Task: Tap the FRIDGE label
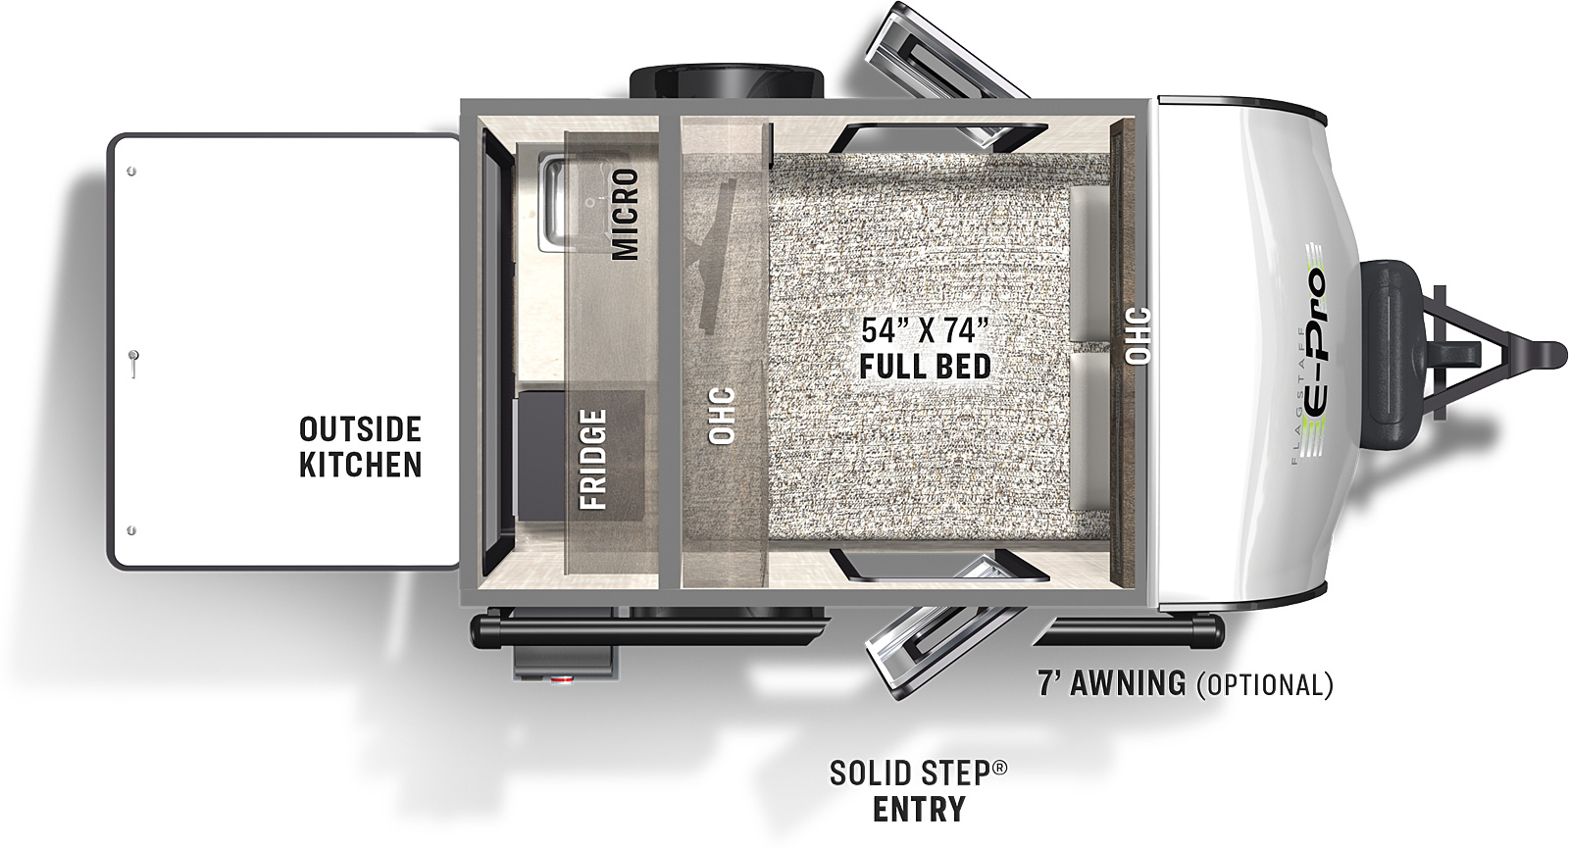(x=592, y=460)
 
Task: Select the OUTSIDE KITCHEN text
(x=360, y=447)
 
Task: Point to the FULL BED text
(x=925, y=367)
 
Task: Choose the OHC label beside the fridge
(x=722, y=416)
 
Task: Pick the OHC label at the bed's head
(x=1139, y=335)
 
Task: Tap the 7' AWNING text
(x=1112, y=682)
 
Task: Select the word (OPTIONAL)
(x=1265, y=684)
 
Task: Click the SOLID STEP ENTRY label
(x=918, y=791)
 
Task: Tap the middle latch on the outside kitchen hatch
(x=133, y=364)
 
